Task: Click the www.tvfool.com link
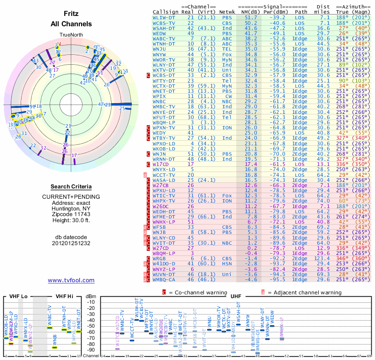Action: click(x=71, y=280)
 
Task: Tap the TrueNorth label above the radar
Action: click(x=71, y=35)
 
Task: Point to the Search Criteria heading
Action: click(x=71, y=187)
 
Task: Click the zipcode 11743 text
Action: click(x=71, y=212)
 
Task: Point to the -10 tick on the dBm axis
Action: click(x=91, y=302)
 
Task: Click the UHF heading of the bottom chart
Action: click(x=236, y=296)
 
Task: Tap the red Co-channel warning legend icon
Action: click(x=164, y=292)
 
